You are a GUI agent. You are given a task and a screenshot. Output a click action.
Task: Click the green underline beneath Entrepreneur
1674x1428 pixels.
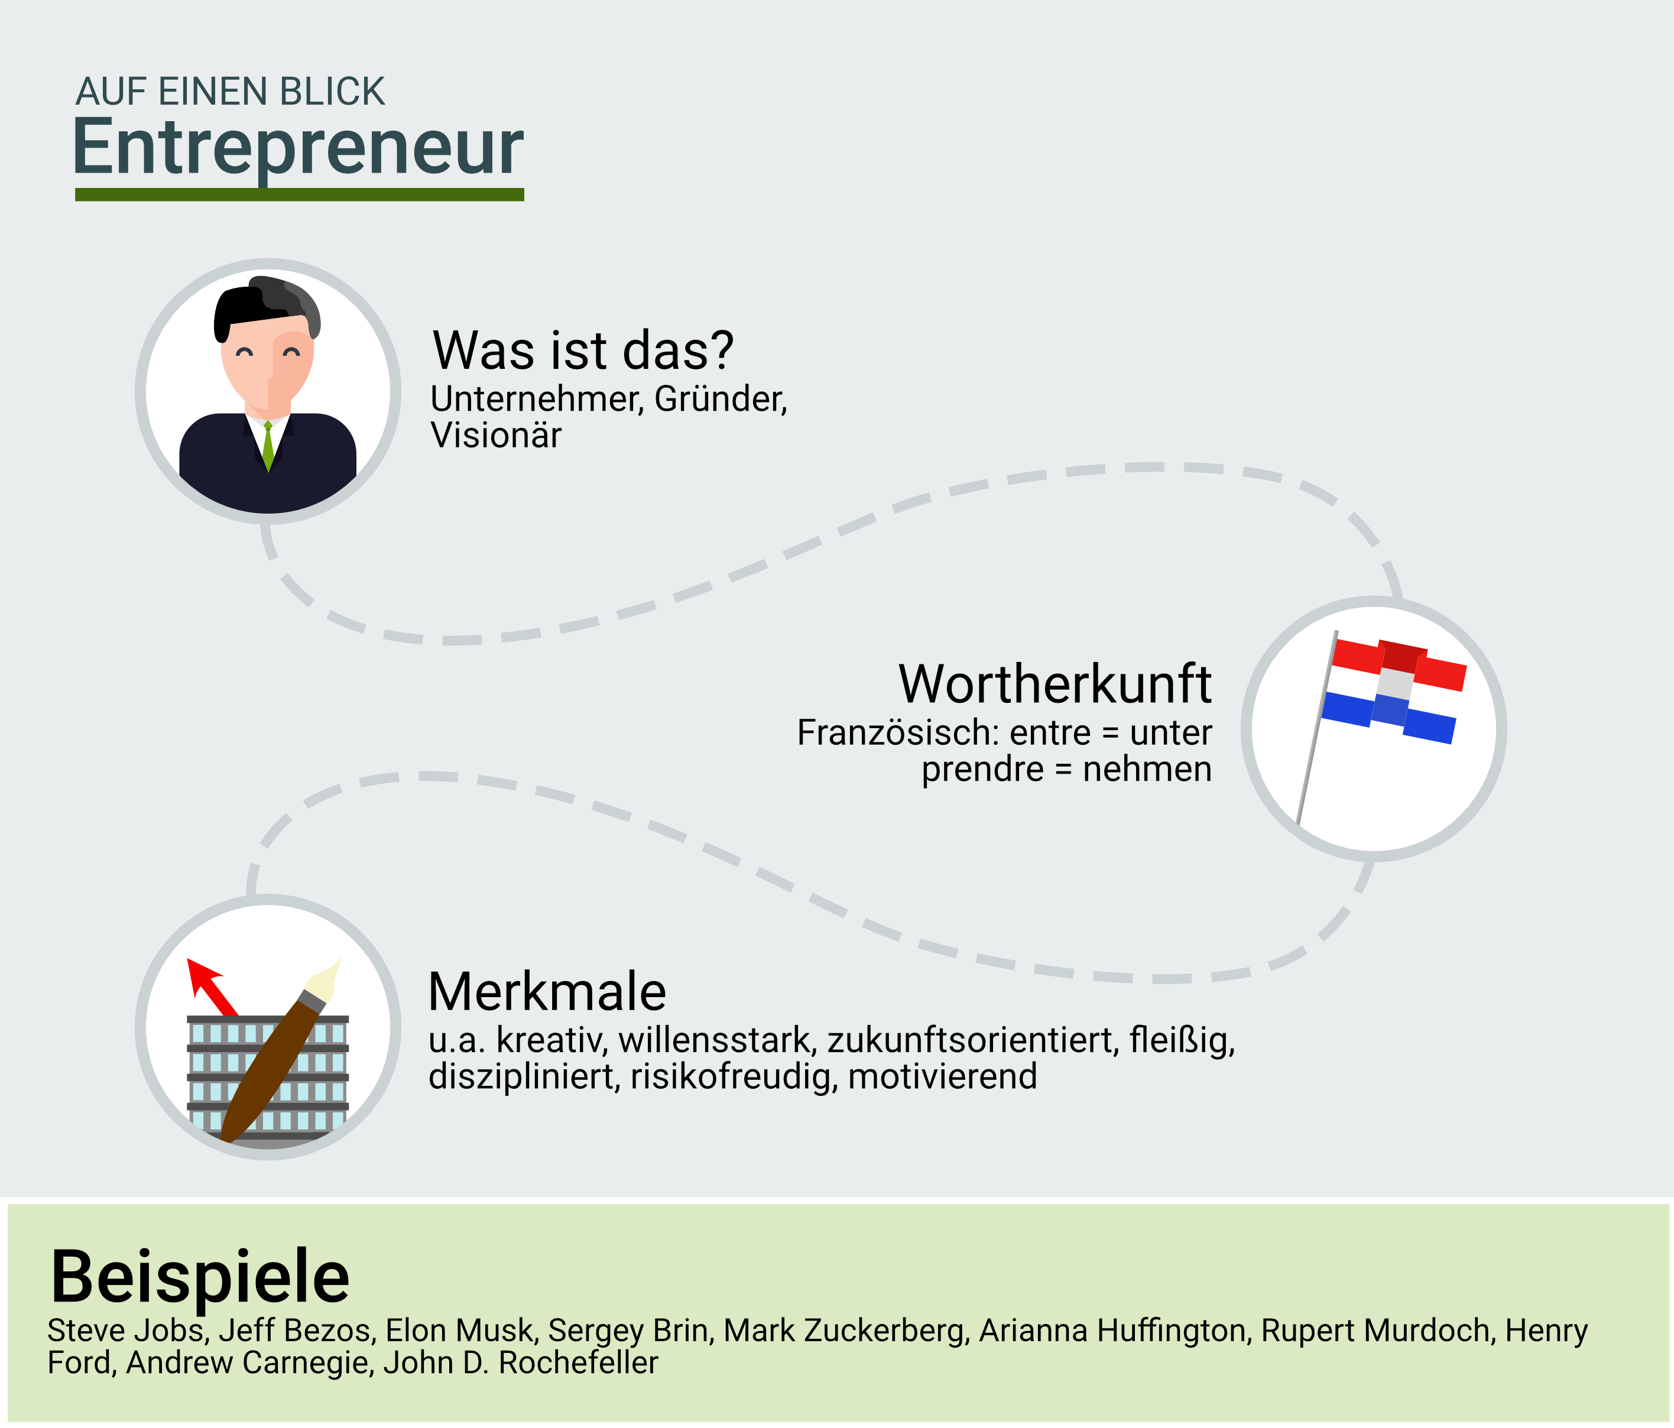coord(300,194)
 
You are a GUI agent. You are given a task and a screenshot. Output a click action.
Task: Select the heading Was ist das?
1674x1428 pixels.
coord(583,350)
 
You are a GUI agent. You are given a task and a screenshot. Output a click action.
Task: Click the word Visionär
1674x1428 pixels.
coord(496,436)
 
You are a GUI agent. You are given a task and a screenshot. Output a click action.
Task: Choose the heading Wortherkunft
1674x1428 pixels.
coord(1055,683)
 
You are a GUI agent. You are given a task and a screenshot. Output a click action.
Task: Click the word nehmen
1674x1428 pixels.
coord(1147,769)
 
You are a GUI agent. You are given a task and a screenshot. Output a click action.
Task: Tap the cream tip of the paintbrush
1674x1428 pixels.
coord(324,979)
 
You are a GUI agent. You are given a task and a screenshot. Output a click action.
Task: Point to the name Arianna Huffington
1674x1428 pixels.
coord(1116,1331)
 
